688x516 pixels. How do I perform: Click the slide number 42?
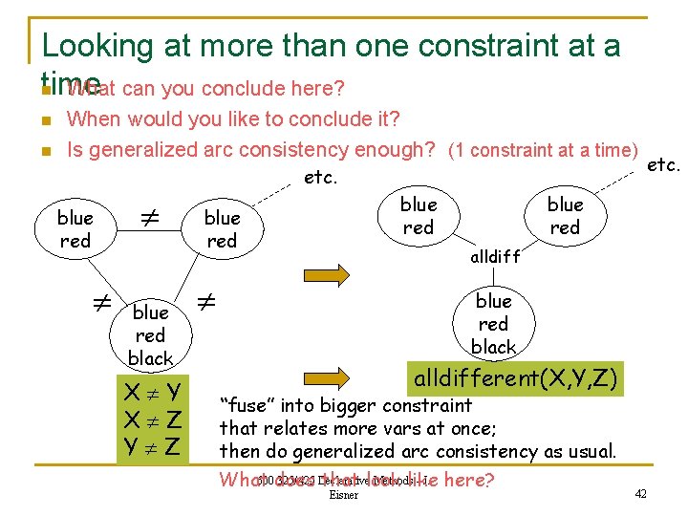click(x=640, y=493)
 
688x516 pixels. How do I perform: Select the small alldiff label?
click(x=495, y=257)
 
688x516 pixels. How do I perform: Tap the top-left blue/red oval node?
click(x=75, y=229)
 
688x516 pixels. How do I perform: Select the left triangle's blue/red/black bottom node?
click(x=150, y=334)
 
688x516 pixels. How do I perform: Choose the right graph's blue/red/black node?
click(x=493, y=323)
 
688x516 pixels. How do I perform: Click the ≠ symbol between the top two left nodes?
click(x=148, y=220)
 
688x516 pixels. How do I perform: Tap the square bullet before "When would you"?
click(x=44, y=121)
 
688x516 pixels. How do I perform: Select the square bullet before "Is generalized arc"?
click(x=44, y=152)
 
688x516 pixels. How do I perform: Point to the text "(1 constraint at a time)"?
click(x=542, y=150)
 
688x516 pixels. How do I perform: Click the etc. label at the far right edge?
click(x=663, y=164)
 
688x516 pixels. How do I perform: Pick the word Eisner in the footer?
click(x=343, y=495)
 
